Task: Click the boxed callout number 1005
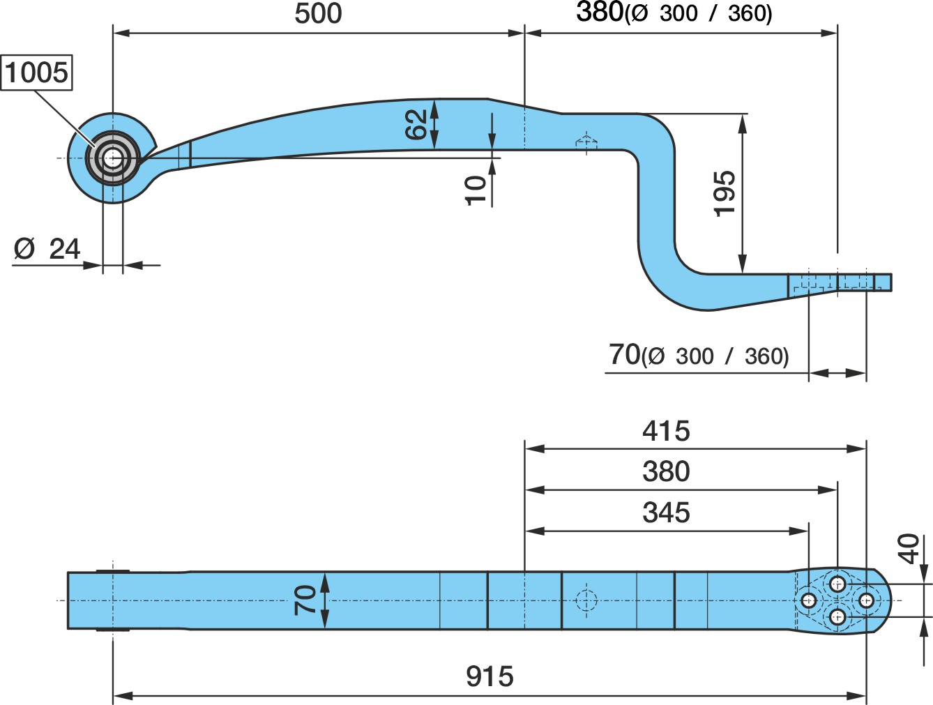[36, 73]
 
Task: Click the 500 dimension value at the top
[318, 14]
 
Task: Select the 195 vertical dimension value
[725, 194]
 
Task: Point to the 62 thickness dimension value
[416, 124]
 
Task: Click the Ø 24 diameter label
[47, 249]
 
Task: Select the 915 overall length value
[490, 676]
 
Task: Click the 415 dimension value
[666, 431]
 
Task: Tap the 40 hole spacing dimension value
[909, 549]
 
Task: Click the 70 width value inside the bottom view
[305, 600]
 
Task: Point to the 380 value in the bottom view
[666, 471]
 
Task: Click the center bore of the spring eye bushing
[113, 158]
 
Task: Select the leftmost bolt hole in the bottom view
[808, 600]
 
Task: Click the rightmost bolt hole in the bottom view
[866, 600]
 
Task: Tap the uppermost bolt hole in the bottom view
[837, 584]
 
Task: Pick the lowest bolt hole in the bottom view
[837, 616]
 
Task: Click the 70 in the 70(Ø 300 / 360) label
[624, 354]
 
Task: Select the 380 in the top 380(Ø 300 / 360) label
[600, 12]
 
